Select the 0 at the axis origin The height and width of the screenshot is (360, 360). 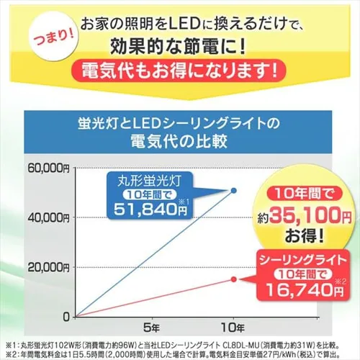click(x=66, y=316)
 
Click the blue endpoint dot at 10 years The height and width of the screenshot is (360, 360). click(x=233, y=190)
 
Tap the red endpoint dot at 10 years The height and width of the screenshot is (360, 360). click(x=233, y=279)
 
